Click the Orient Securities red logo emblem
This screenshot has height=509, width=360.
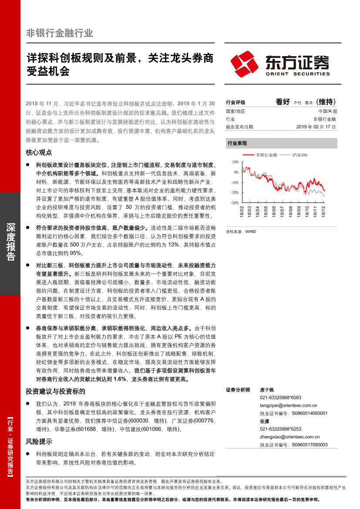246,64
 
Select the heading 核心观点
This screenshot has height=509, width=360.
39,152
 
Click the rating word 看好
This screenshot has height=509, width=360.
283,102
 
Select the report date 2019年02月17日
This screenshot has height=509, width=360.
316,127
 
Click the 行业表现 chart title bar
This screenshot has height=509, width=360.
281,143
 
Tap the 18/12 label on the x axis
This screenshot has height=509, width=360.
323,212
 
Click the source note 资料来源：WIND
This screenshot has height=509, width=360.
241,232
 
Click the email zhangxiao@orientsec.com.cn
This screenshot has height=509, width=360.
289,437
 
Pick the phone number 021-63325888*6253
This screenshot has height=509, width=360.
280,429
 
